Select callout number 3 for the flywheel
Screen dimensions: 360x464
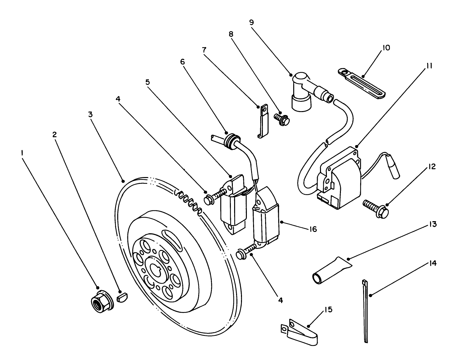(90, 114)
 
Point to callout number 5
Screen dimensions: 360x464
(148, 82)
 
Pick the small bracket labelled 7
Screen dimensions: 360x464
(263, 121)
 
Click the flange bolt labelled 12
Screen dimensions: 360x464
(376, 208)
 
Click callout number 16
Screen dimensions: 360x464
(313, 229)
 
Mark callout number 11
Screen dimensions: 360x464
(429, 66)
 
